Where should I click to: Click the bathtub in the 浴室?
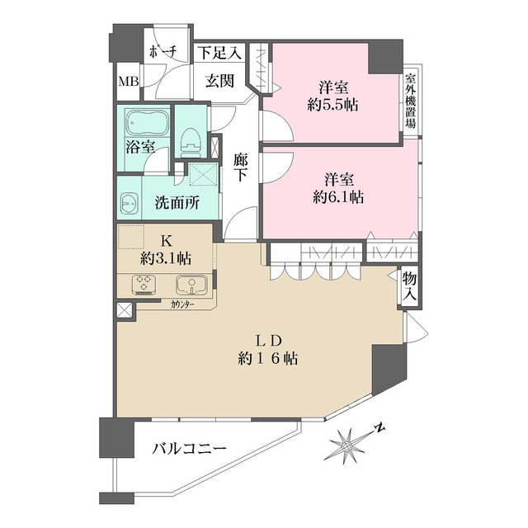tap(147, 122)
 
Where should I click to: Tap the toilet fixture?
tap(191, 143)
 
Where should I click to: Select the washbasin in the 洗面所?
tap(129, 203)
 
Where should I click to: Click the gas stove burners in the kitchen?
tap(144, 285)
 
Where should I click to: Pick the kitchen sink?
tap(191, 285)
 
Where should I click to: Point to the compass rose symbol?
tap(346, 446)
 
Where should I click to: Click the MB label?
tap(129, 81)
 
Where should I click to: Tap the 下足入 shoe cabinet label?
tap(219, 53)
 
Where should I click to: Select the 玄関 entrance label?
tap(219, 81)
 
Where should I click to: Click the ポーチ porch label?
tap(163, 52)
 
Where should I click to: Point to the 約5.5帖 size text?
tap(332, 106)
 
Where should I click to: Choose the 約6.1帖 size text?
tap(338, 197)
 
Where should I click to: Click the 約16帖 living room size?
tap(267, 359)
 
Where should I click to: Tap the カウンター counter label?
tap(182, 304)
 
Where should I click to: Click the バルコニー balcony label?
tap(189, 449)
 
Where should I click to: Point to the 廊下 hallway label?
tap(240, 167)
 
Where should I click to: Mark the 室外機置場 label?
tap(410, 101)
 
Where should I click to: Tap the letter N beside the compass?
tap(379, 428)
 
